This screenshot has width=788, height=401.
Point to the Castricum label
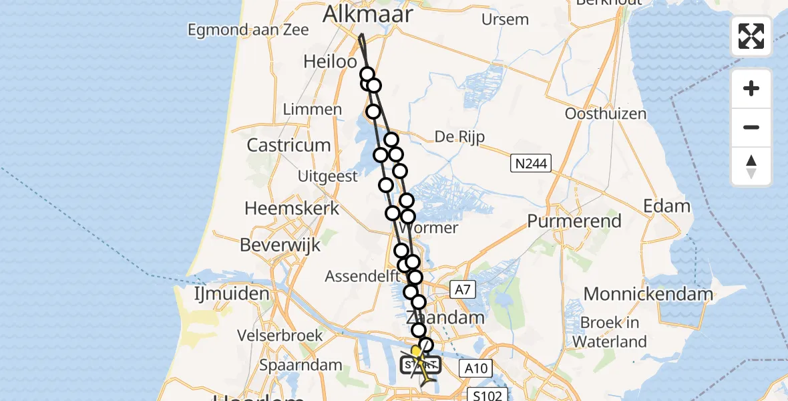point(288,145)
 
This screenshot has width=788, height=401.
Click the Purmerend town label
point(574,221)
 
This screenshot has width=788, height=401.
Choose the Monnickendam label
point(648,293)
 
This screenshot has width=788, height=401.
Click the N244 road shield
point(530,162)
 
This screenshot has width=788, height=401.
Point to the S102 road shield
point(488,394)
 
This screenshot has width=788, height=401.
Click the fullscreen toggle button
point(751,36)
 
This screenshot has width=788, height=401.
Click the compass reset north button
point(751,166)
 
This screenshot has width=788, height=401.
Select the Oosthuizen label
point(605,114)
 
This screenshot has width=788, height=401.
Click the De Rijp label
point(459,136)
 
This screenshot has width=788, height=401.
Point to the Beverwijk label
point(280,245)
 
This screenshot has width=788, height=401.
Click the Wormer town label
point(433,228)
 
